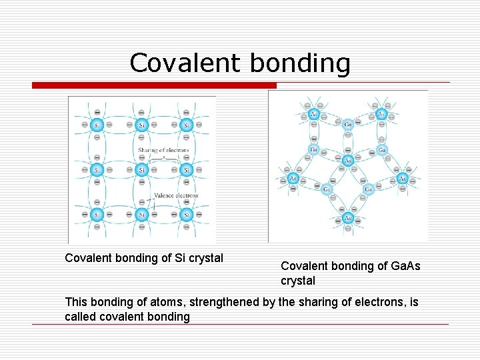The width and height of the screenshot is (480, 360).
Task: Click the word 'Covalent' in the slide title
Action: pos(183,63)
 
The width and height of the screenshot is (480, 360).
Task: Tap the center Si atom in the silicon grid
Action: pos(141,170)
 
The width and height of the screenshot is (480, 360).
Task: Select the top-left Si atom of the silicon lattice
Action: pos(97,125)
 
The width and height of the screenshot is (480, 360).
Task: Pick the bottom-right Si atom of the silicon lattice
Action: pos(187,215)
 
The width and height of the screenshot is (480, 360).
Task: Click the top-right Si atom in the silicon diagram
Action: pos(187,125)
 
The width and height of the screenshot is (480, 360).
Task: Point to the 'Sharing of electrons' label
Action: pos(163,150)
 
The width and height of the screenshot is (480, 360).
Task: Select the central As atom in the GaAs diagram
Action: pos(347,161)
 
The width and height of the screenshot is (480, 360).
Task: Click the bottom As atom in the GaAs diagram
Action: pos(348,218)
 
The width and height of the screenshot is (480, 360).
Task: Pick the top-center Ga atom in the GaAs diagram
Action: pos(348,123)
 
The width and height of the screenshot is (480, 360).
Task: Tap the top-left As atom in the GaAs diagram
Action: pos(314,115)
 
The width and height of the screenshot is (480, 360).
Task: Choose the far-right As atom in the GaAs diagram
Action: pos(403,179)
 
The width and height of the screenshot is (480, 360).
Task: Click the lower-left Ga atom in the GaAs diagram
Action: pos(327,189)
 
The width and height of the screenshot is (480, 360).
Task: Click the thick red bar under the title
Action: pos(154,85)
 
